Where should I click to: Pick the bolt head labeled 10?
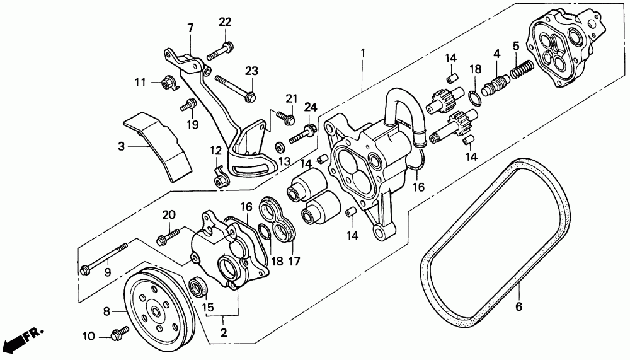(118, 335)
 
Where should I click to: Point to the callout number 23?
(252, 70)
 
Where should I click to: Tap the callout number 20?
(168, 214)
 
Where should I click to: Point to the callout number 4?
(496, 54)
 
